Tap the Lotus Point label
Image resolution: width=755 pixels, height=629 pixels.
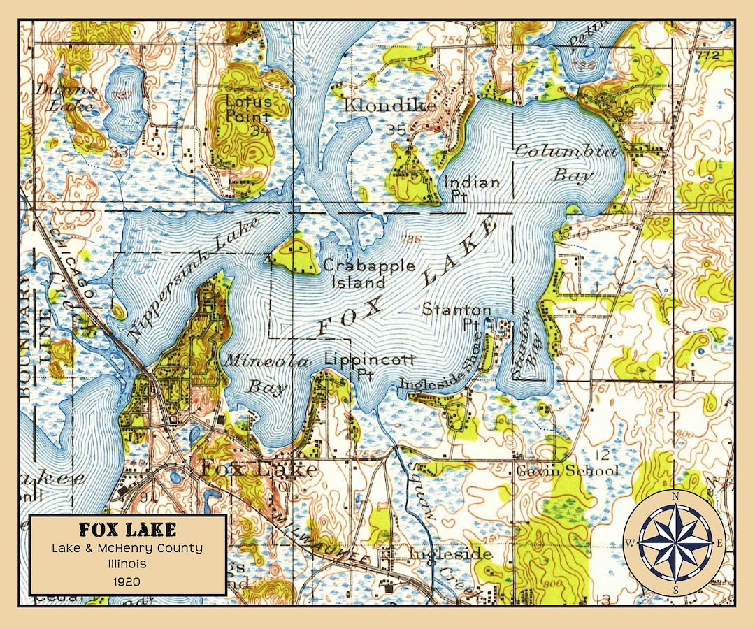(248, 108)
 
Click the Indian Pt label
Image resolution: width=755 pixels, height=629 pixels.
(473, 188)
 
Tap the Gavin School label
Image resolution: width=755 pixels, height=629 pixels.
(568, 470)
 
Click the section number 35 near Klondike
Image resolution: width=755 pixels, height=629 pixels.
(396, 129)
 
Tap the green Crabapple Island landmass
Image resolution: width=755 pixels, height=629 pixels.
(294, 254)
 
